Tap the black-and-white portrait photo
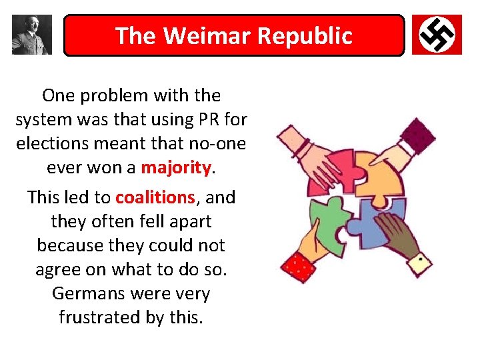click(31, 35)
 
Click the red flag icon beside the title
click(437, 35)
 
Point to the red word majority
click(175, 167)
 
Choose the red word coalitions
click(155, 197)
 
